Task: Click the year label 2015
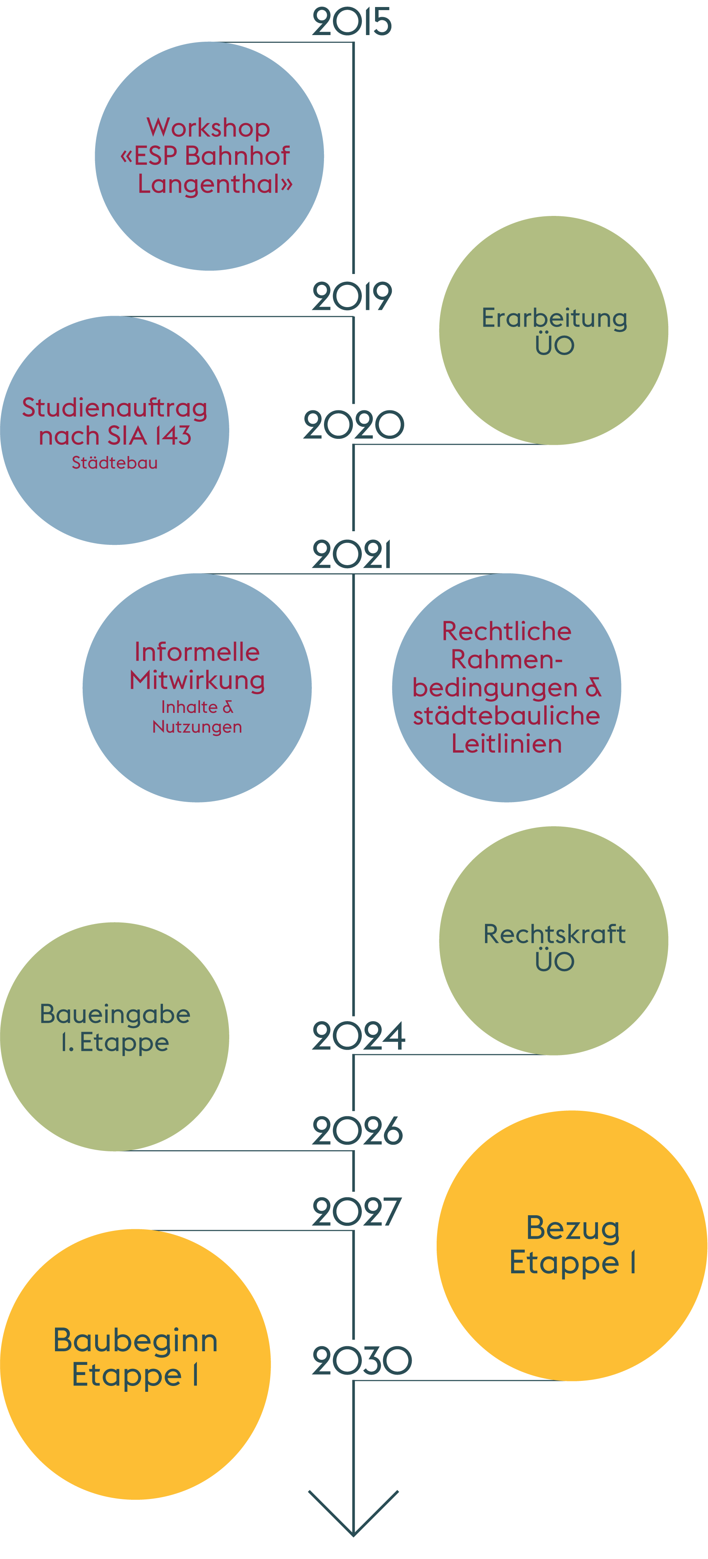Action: click(352, 22)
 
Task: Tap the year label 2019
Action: click(352, 297)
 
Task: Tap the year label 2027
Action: click(356, 1212)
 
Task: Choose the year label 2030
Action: click(361, 1361)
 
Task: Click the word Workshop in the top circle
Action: click(208, 128)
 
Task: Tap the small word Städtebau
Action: click(114, 463)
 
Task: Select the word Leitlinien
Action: click(506, 744)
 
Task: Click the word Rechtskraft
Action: click(554, 934)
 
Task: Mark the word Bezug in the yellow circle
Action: click(572, 1228)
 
